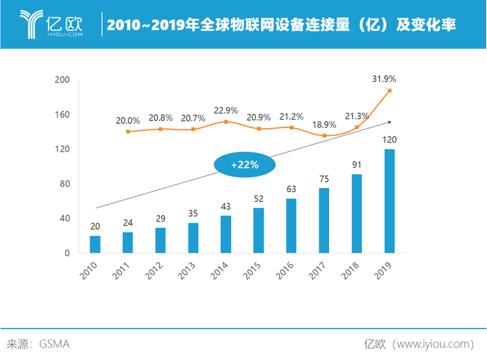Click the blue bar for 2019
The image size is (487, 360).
(x=390, y=201)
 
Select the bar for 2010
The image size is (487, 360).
(x=95, y=244)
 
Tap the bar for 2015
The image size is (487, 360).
(x=259, y=230)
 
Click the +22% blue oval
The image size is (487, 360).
(x=244, y=165)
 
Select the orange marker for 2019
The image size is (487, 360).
(x=390, y=91)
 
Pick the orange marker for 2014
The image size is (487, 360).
(x=226, y=122)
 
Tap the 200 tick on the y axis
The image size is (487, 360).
(x=62, y=80)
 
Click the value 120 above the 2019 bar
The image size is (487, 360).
(x=390, y=140)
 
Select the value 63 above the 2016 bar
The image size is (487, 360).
(x=292, y=189)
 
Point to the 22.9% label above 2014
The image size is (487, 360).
(x=226, y=110)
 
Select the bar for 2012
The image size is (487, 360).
(x=160, y=240)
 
